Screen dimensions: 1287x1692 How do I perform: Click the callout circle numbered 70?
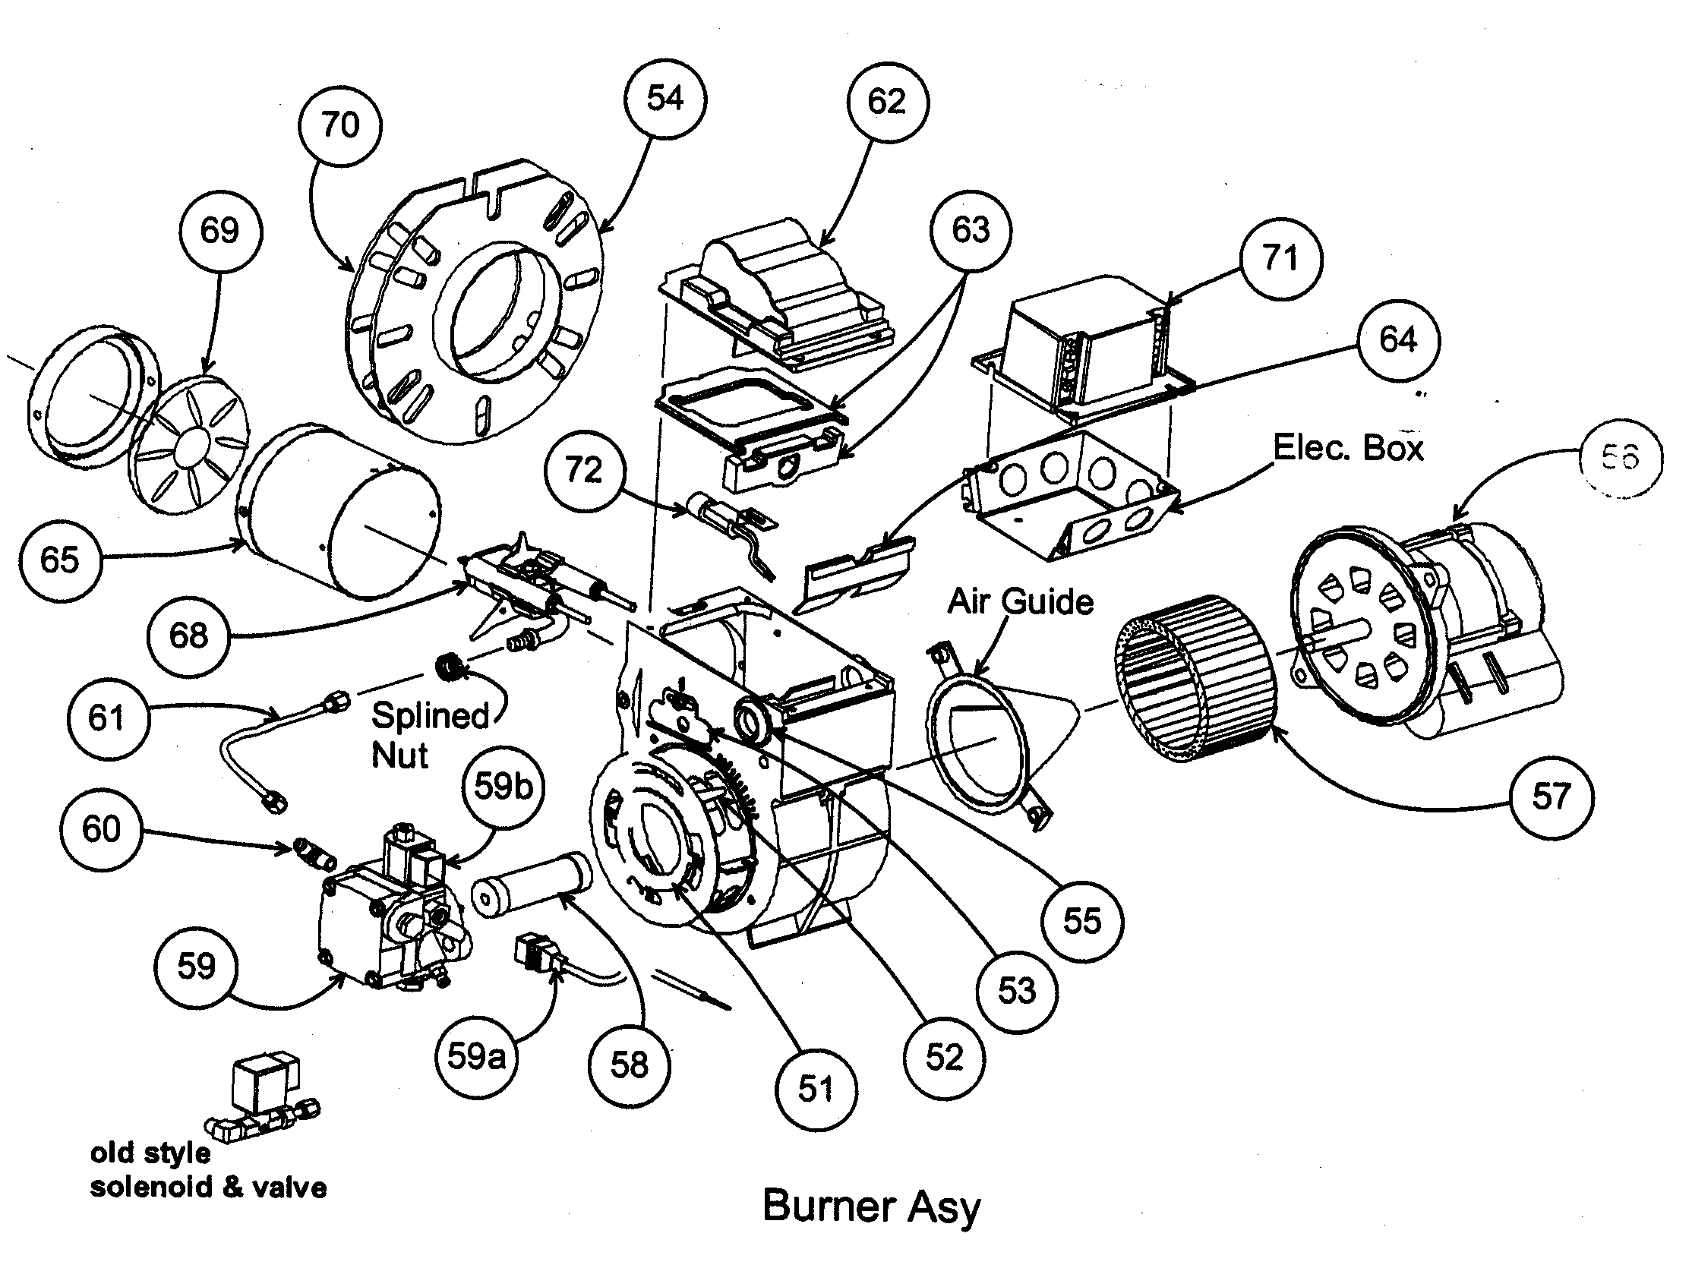[340, 125]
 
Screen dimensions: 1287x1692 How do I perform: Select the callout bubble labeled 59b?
[503, 786]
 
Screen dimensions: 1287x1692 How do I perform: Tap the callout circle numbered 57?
[1552, 796]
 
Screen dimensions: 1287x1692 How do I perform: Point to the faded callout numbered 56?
[1620, 457]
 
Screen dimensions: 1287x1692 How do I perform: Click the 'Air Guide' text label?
[1020, 601]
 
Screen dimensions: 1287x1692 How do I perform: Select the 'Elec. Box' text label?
[1348, 447]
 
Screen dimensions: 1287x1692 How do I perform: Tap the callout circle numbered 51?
[816, 1089]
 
